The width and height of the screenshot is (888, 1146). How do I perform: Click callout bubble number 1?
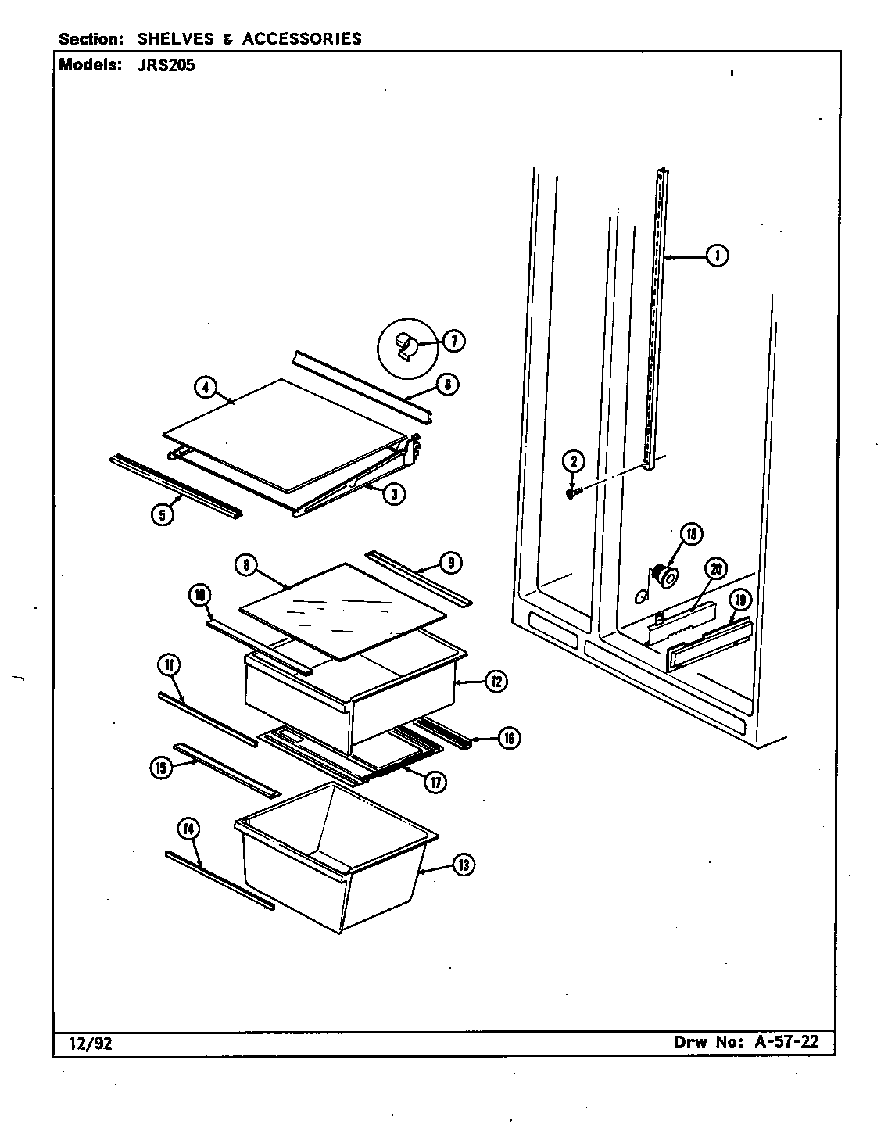(716, 255)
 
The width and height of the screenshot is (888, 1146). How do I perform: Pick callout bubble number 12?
(496, 682)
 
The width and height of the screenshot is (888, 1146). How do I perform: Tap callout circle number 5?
(162, 515)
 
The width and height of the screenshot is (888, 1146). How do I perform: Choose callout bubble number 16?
(508, 737)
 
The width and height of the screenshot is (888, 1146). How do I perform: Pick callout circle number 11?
(168, 665)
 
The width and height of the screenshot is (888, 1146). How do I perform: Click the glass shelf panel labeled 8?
(344, 610)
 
